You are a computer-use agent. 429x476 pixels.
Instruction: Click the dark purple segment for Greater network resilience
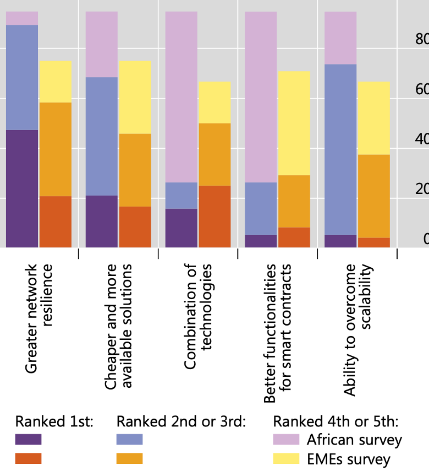[22, 188]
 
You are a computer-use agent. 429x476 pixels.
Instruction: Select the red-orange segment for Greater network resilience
[55, 221]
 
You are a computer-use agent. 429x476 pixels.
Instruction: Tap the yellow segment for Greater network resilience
[55, 82]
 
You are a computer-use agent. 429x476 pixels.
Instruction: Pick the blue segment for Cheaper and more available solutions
[102, 136]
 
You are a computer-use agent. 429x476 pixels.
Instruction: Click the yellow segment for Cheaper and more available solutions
[135, 97]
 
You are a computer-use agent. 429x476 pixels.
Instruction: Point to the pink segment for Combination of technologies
[181, 97]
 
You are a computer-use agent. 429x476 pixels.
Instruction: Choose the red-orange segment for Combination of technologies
[214, 217]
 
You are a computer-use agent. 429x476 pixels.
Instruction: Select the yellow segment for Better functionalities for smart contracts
[294, 123]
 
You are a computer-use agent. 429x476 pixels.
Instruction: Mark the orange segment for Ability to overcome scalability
[373, 196]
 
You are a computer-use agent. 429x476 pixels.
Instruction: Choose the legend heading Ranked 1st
[54, 422]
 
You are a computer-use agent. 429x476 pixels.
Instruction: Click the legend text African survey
[354, 440]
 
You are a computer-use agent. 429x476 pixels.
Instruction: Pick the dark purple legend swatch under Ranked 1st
[28, 439]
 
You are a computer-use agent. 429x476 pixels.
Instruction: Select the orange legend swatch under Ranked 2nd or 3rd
[129, 458]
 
